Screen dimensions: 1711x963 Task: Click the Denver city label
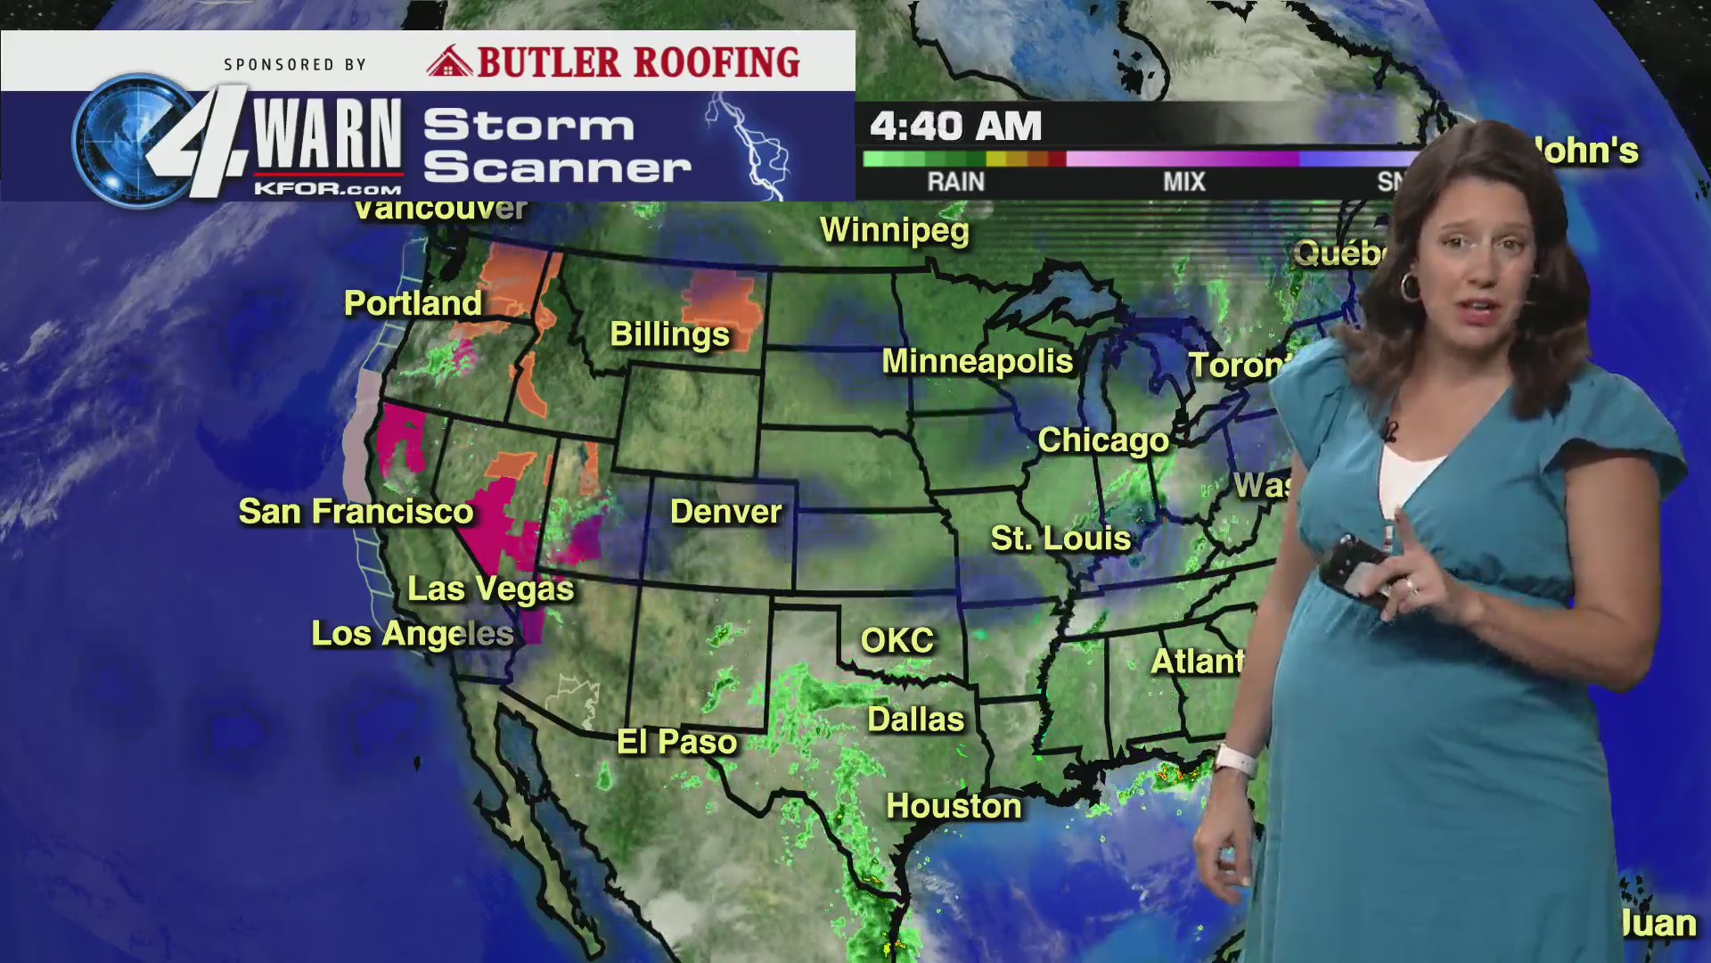point(725,512)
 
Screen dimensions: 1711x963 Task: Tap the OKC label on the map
point(896,640)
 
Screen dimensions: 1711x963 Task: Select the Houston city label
point(954,806)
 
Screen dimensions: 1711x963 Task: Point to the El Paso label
point(677,742)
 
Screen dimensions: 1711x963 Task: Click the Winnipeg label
point(894,230)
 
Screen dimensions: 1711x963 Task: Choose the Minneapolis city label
point(977,361)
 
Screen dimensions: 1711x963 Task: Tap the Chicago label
point(1103,440)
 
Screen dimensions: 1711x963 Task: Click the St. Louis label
point(1060,539)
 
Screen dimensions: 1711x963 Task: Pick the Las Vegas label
point(490,588)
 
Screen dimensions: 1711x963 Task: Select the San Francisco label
point(356,512)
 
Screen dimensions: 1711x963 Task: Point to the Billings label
point(669,334)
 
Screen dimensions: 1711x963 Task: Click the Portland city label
point(413,303)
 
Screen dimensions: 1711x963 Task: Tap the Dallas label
point(916,720)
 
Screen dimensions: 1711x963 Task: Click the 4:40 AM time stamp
point(955,127)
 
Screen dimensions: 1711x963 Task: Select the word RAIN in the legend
point(955,182)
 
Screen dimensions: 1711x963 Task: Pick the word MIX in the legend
point(1183,182)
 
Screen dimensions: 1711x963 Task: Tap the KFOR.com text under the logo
point(327,189)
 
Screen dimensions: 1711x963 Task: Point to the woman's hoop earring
point(1410,286)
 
